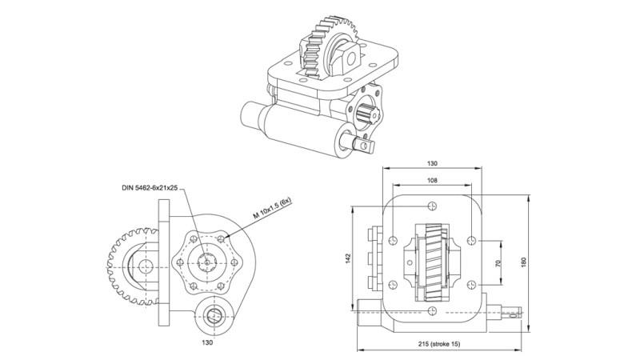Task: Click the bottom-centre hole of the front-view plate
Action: pyautogui.click(x=433, y=309)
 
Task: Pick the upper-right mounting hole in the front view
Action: pyautogui.click(x=474, y=239)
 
